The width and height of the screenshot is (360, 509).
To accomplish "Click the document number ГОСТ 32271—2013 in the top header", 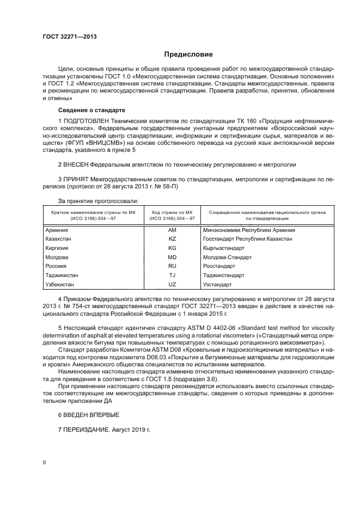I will (x=66, y=36).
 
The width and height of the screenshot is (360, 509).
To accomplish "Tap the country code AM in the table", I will (x=173, y=230).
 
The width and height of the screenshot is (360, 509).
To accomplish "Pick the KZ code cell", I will (x=173, y=239).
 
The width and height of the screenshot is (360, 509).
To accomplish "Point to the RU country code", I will (x=173, y=266).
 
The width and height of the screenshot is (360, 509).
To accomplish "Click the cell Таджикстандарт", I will (x=225, y=275).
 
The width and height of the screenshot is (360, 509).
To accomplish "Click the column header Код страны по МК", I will (x=173, y=212).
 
